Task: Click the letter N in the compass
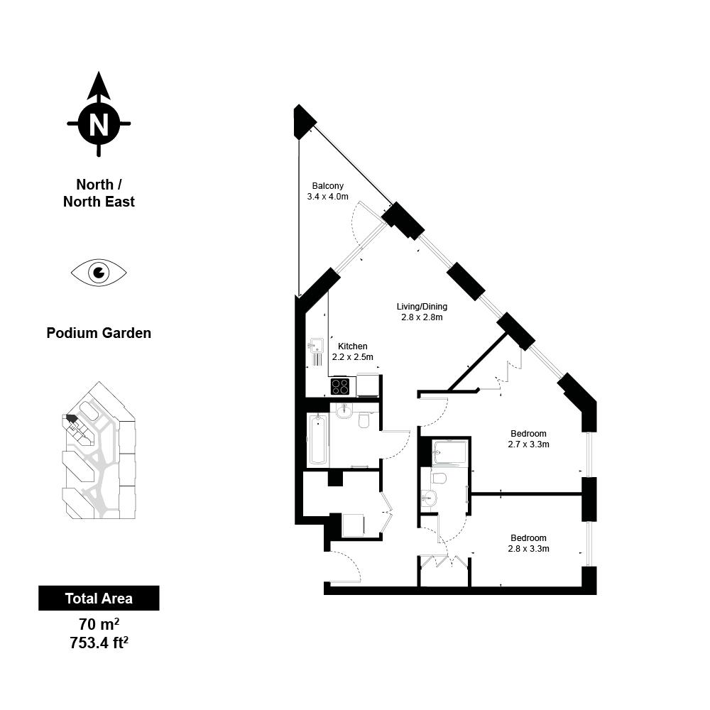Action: (99, 124)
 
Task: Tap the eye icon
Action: (99, 273)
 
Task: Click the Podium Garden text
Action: (99, 333)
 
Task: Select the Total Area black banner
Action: (99, 598)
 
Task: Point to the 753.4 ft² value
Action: (99, 643)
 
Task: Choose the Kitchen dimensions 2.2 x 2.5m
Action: (353, 357)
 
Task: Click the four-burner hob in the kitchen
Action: (340, 386)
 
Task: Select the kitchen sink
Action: (316, 346)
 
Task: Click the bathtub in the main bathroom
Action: (318, 439)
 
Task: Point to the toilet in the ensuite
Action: (438, 478)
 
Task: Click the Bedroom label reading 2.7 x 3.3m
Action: (528, 439)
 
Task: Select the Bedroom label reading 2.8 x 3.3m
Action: (528, 543)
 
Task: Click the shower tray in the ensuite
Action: (449, 452)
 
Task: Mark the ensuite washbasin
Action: (428, 498)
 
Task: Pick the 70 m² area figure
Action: (99, 624)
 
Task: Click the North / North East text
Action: (99, 193)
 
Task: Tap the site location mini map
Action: (99, 451)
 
